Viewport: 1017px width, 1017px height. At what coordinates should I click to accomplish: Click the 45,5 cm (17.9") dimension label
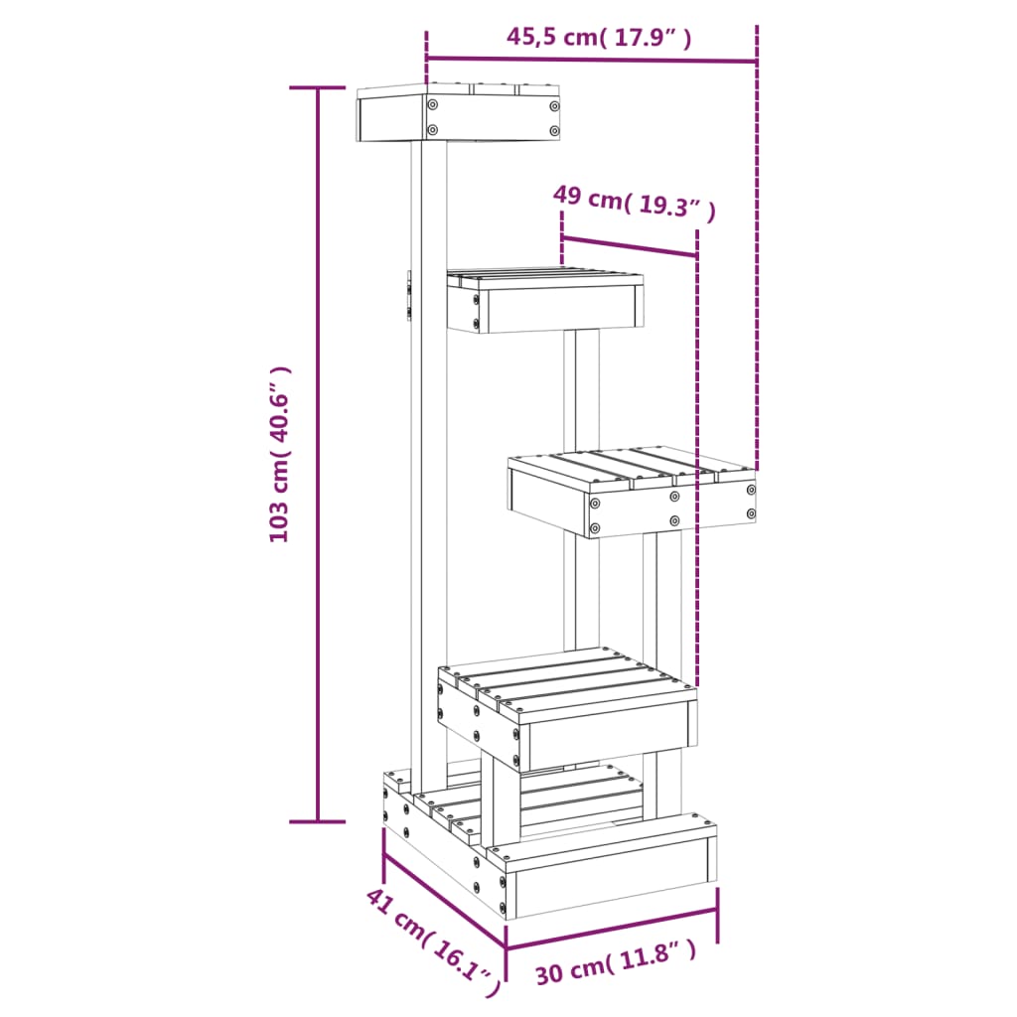click(599, 38)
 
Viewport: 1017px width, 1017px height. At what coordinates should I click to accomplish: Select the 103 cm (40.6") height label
click(281, 454)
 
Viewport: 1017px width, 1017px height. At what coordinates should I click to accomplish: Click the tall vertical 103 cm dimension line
click(318, 454)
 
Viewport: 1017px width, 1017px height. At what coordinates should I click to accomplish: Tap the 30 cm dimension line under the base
click(612, 928)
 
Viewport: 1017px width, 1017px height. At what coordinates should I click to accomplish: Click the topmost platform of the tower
click(458, 114)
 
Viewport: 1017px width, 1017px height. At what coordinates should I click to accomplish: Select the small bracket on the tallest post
click(407, 297)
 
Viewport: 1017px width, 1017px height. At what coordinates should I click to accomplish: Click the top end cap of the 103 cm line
click(318, 88)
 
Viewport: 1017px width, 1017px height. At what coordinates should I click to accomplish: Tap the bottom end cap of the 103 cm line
click(318, 821)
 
